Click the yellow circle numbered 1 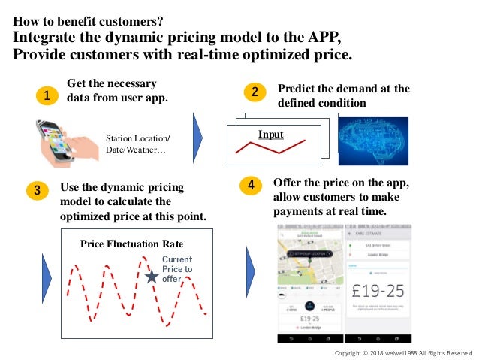pos(47,95)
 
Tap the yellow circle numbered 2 pos(255,92)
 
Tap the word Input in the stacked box pos(270,135)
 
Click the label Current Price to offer pos(177,269)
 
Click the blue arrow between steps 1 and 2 pos(198,138)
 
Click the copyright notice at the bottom pos(405,352)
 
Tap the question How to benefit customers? pos(89,20)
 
